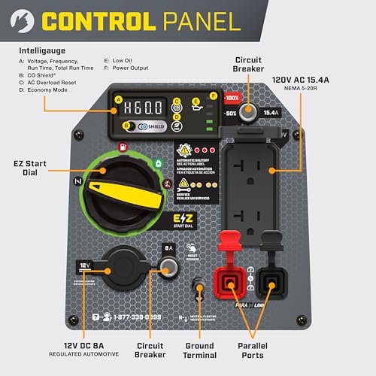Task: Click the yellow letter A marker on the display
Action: point(118,99)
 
